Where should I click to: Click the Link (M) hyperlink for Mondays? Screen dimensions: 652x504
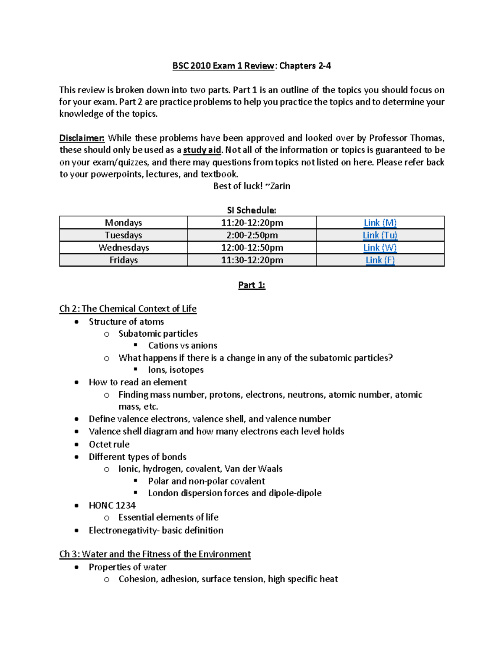pos(380,223)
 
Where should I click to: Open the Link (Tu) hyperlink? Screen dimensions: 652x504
pos(380,235)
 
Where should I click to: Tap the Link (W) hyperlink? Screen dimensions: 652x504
pos(380,248)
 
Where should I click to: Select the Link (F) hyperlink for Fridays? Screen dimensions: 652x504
pos(380,260)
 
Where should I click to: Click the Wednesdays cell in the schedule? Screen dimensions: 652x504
pos(123,248)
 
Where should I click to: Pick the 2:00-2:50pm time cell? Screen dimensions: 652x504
pos(252,235)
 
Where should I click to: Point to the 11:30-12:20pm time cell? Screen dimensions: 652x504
pos(252,260)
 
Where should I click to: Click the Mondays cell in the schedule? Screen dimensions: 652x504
pos(123,223)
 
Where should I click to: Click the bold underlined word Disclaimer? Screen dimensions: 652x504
pos(81,138)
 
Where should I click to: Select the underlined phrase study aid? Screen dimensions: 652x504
pos(202,150)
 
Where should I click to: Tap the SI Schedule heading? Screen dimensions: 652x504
pos(251,210)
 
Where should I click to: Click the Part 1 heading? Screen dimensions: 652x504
pos(252,285)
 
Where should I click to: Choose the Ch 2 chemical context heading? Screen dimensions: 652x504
pos(128,309)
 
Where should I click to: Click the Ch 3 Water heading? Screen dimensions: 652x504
pos(155,554)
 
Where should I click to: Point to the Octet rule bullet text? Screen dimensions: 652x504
pos(109,444)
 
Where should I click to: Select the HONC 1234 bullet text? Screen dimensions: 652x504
pos(112,505)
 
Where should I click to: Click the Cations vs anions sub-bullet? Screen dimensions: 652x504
pos(182,346)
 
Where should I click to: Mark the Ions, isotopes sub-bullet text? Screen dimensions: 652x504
pos(176,370)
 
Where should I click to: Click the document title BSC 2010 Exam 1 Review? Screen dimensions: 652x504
pos(223,66)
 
